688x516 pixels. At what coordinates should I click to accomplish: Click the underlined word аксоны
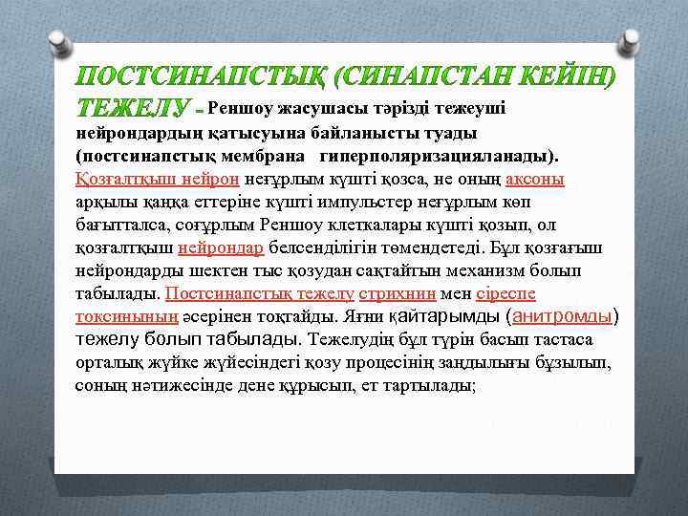[534, 179]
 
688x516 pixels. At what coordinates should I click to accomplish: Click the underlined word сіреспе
[505, 294]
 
